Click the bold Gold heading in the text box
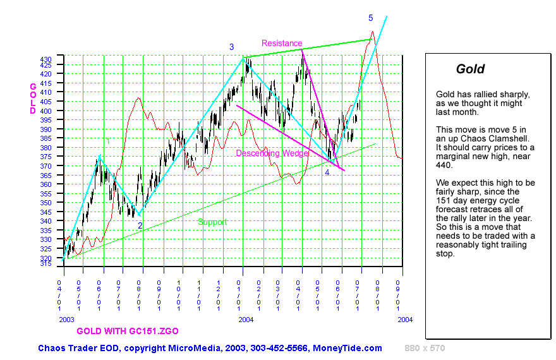click(470, 69)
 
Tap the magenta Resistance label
click(282, 43)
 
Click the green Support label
click(212, 222)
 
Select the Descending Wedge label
click(272, 153)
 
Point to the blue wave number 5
click(371, 18)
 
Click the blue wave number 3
click(232, 47)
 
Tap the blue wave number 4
click(327, 172)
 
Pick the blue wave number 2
click(140, 225)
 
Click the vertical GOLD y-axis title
click(33, 99)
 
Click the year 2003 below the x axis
click(66, 320)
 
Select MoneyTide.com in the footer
click(353, 348)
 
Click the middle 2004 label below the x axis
click(246, 320)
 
